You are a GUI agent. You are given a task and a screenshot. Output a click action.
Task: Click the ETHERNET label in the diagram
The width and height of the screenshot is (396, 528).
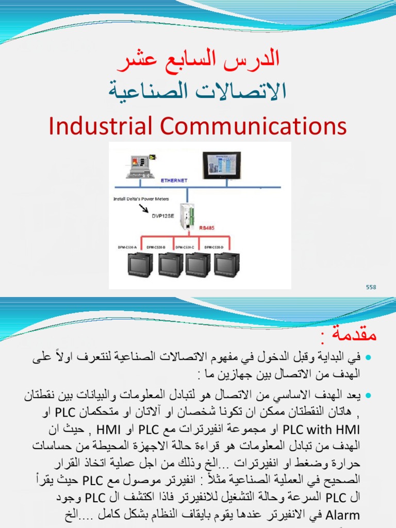(174, 181)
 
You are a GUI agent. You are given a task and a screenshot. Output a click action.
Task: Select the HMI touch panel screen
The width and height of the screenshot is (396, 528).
(221, 164)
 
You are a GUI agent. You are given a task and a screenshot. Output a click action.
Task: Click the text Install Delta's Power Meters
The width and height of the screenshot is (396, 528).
(141, 199)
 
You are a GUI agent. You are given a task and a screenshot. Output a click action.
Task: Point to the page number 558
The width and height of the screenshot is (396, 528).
(371, 287)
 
